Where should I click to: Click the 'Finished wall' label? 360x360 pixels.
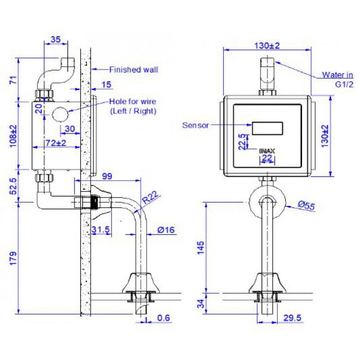click(x=133, y=70)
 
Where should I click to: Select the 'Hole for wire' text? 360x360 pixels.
click(x=132, y=102)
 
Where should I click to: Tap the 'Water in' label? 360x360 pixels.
click(x=337, y=75)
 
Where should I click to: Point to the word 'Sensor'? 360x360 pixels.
click(x=196, y=125)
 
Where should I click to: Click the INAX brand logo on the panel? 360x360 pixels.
click(x=268, y=151)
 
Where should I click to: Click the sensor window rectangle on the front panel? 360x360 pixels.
click(x=267, y=128)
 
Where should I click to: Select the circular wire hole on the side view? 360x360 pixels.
click(x=60, y=115)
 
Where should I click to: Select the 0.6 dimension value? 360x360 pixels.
click(x=164, y=318)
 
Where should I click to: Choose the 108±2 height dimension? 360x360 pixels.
click(x=13, y=135)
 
